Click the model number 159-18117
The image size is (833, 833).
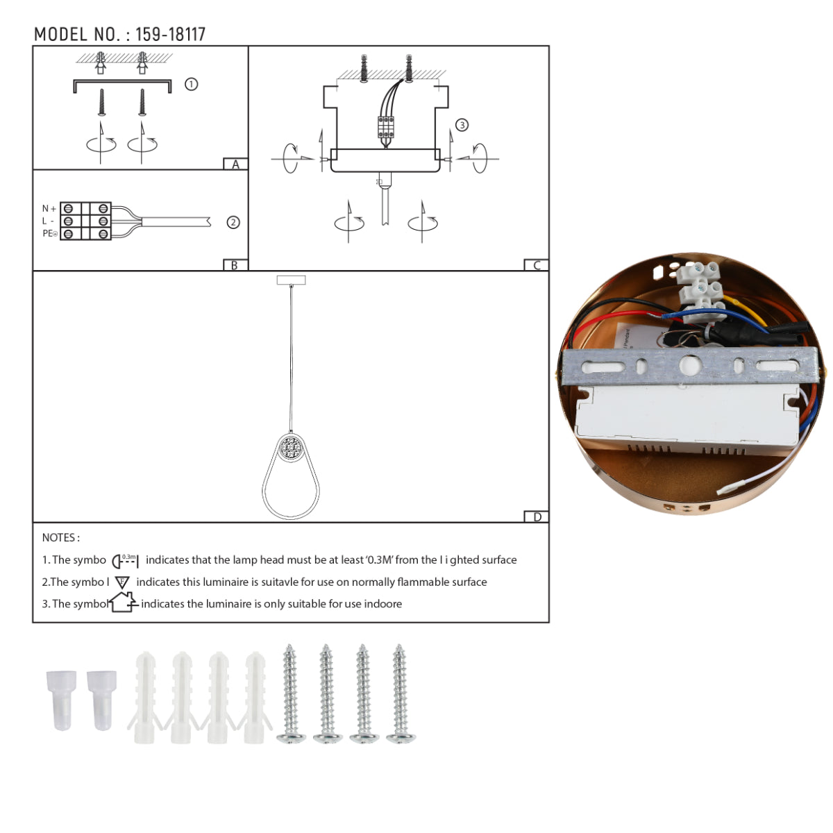(170, 35)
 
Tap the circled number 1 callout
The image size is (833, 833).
(191, 84)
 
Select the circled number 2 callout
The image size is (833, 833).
(233, 222)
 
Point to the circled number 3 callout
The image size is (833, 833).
(462, 125)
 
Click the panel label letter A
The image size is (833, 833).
(235, 165)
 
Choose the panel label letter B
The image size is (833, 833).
(235, 265)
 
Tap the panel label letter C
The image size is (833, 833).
(537, 265)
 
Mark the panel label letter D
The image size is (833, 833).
(537, 516)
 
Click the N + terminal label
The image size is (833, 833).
(49, 208)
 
